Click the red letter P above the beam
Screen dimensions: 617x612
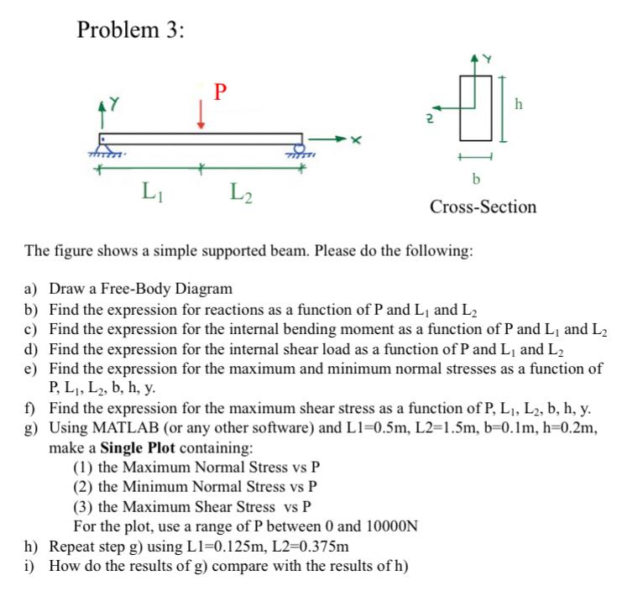(220, 91)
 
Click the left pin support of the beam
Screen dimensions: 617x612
(104, 148)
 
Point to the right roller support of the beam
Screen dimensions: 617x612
(299, 149)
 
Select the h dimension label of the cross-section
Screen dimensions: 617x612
(519, 105)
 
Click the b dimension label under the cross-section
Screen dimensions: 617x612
(477, 179)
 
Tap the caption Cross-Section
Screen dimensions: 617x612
(483, 207)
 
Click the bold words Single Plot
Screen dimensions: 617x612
(138, 447)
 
